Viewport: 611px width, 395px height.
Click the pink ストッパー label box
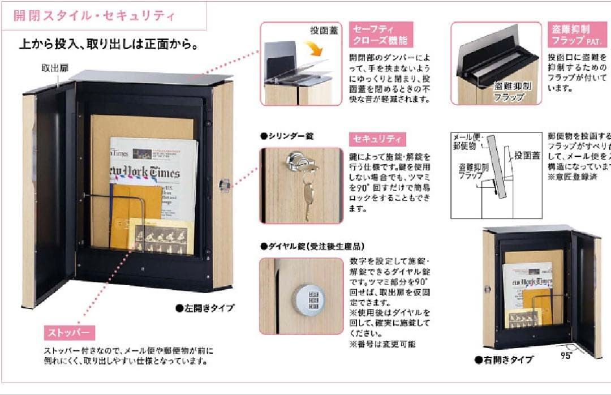click(x=70, y=333)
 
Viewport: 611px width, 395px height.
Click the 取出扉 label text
click(x=55, y=68)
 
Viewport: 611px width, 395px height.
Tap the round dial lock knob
click(x=308, y=299)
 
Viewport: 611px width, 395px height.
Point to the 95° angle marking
click(x=566, y=355)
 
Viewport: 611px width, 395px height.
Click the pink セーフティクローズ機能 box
click(x=381, y=35)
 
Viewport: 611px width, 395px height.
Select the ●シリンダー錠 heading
click(x=286, y=136)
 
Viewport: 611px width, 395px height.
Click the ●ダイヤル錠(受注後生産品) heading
click(x=312, y=246)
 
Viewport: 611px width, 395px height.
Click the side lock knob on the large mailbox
click(x=225, y=184)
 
